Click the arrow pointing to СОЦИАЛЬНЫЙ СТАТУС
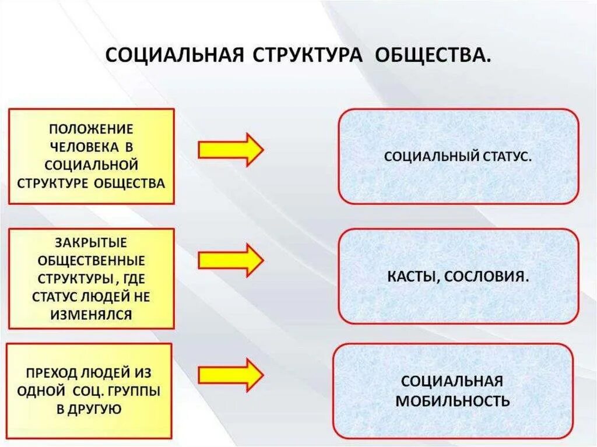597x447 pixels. pyautogui.click(x=231, y=149)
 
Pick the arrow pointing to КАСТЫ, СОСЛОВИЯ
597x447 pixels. pyautogui.click(x=231, y=260)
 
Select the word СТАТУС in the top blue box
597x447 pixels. pyautogui.click(x=507, y=157)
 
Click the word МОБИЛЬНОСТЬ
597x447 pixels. pyautogui.click(x=452, y=401)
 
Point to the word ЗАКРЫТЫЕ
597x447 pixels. pyautogui.click(x=91, y=241)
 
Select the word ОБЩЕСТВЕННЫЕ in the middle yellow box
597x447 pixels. pyautogui.click(x=91, y=259)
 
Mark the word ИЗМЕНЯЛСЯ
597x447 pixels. pyautogui.click(x=91, y=315)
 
